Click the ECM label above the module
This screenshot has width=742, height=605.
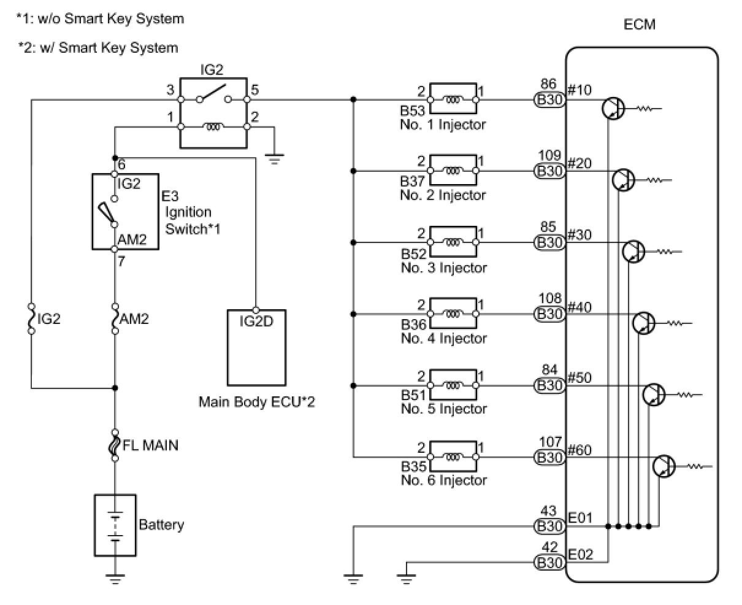point(639,25)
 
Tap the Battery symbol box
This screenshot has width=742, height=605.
point(115,525)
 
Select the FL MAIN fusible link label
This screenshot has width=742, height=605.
point(150,445)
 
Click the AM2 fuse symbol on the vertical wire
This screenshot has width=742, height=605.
point(115,318)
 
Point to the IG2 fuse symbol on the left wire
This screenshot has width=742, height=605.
point(31,318)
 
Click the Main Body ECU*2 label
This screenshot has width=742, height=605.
point(257,402)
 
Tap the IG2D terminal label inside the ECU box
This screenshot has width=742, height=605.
point(256,322)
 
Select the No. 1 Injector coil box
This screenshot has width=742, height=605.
point(453,98)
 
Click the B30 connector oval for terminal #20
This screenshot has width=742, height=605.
point(549,171)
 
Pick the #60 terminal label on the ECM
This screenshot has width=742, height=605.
point(579,450)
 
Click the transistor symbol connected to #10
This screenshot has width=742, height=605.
point(613,109)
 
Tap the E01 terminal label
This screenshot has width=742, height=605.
point(580,518)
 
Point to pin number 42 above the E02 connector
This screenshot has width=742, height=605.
point(549,547)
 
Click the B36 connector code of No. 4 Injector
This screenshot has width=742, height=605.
point(413,325)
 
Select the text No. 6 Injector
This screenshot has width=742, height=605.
point(444,480)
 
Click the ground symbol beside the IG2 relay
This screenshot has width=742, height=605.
point(274,159)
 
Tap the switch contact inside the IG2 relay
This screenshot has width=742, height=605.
point(213,93)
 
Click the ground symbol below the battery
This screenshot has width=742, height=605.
point(115,578)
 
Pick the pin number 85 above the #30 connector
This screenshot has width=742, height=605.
point(548,226)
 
